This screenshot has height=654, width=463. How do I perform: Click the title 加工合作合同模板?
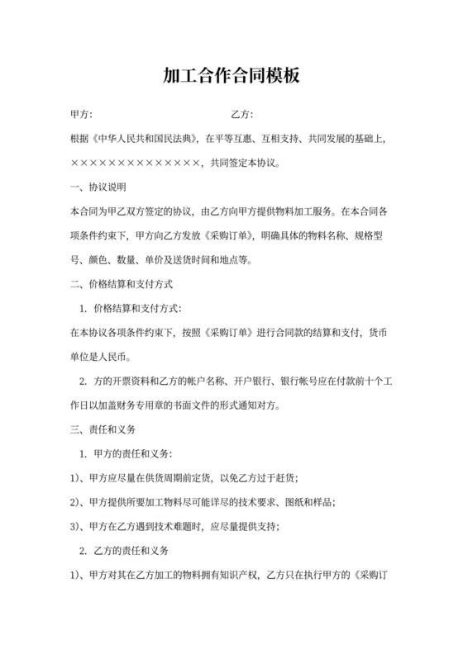click(x=231, y=77)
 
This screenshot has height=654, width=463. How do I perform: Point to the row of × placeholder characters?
click(x=136, y=163)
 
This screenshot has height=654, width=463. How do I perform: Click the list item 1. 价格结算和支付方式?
click(x=135, y=309)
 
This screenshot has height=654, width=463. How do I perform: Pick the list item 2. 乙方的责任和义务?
click(x=123, y=551)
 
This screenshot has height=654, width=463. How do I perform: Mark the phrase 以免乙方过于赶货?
click(x=260, y=479)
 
